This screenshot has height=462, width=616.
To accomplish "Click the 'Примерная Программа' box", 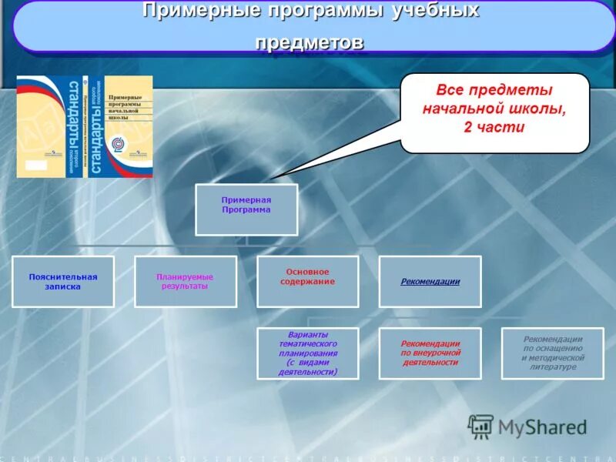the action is click(x=246, y=209).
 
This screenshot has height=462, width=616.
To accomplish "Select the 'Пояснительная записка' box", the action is click(x=63, y=282).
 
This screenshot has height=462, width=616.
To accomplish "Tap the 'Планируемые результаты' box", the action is click(x=185, y=282).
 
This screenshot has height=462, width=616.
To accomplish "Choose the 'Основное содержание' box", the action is click(x=307, y=282).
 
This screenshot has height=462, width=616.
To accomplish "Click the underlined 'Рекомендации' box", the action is click(x=430, y=282).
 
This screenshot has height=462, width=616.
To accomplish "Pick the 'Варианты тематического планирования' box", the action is click(x=307, y=353).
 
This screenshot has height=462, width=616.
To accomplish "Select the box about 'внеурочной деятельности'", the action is click(x=430, y=353).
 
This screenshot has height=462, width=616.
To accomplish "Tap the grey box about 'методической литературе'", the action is click(x=552, y=353).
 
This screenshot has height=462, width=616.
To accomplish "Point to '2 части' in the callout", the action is click(x=494, y=127).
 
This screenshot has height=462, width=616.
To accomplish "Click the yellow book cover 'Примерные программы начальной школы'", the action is click(x=129, y=126).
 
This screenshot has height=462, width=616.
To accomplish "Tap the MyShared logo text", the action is click(x=542, y=427).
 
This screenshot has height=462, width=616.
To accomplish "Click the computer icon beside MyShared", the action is click(x=480, y=427).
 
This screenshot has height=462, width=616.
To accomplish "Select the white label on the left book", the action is click(x=34, y=166).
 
